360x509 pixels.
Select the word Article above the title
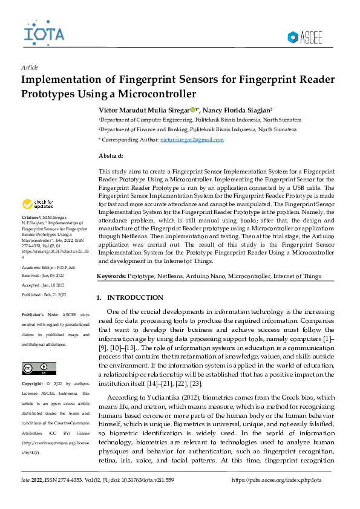point(30,68)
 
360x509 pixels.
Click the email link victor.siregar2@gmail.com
point(192,140)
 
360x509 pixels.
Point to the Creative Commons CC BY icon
point(39,368)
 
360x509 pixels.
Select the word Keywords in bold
point(112,276)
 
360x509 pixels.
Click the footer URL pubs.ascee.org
point(277,479)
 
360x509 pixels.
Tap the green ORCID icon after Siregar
point(192,110)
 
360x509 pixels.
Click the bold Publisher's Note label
point(39,315)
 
